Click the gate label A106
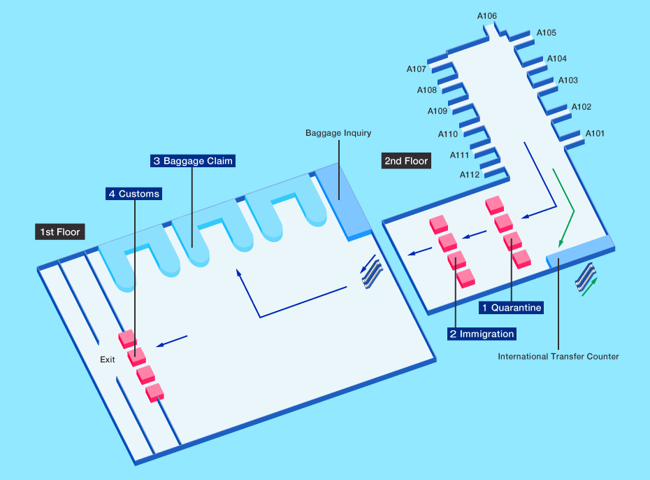(x=487, y=16)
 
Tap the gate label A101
(x=595, y=133)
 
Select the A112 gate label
(x=470, y=175)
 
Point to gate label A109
(x=438, y=111)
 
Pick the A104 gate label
(x=557, y=59)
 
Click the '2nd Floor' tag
(x=405, y=161)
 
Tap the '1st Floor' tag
(x=59, y=232)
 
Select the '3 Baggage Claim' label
(x=192, y=161)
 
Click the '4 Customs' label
(x=133, y=194)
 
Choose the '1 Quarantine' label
(x=512, y=307)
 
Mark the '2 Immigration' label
(x=482, y=334)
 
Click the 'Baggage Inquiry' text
(x=338, y=133)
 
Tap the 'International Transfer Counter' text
(x=558, y=357)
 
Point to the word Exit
(x=107, y=360)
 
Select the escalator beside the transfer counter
(x=585, y=276)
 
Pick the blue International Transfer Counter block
(x=580, y=251)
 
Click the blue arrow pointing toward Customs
(x=172, y=341)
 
